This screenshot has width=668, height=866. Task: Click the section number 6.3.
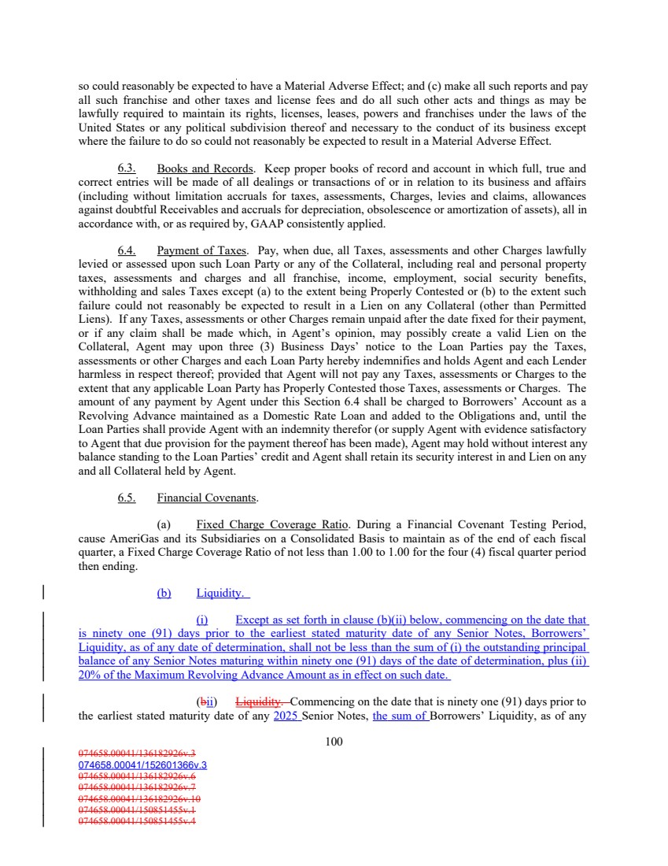pos(127,168)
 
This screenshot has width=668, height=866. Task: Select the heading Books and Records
pos(205,168)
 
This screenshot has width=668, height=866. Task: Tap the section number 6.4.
pos(127,250)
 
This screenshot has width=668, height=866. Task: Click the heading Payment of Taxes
pos(201,250)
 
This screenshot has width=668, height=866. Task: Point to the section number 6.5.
pos(127,498)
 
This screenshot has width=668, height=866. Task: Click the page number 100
pos(334,742)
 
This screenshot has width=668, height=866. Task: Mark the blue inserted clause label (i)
pos(204,620)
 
